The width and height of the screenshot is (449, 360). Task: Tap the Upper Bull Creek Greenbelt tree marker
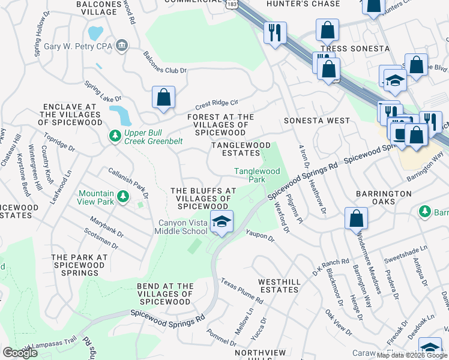point(115,137)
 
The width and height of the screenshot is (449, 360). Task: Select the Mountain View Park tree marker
point(122,196)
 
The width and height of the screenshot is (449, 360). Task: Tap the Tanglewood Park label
point(257,175)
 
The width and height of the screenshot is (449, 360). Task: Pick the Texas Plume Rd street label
point(241,290)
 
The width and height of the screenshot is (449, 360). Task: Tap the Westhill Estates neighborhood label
point(278,286)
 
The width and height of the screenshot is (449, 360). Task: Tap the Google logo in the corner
point(20,353)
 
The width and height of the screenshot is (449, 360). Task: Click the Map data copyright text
point(412,355)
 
